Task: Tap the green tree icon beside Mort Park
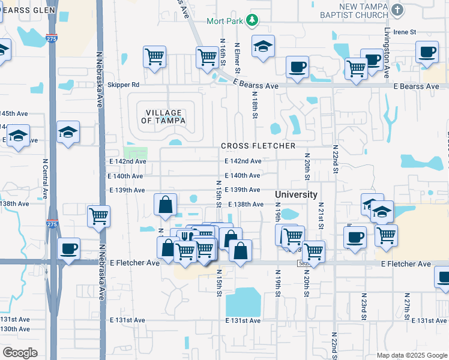[x=253, y=20]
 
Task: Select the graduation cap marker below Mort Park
[x=262, y=47]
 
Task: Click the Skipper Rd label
[x=123, y=85]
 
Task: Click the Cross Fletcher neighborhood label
[x=258, y=146]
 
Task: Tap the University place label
[x=296, y=194]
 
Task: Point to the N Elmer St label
[x=238, y=57]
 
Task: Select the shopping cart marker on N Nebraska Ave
[x=98, y=217]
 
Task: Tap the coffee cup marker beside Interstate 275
[x=68, y=248]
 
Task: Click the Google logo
[x=20, y=353]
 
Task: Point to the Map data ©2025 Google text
[x=411, y=355]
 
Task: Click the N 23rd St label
[x=364, y=307]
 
